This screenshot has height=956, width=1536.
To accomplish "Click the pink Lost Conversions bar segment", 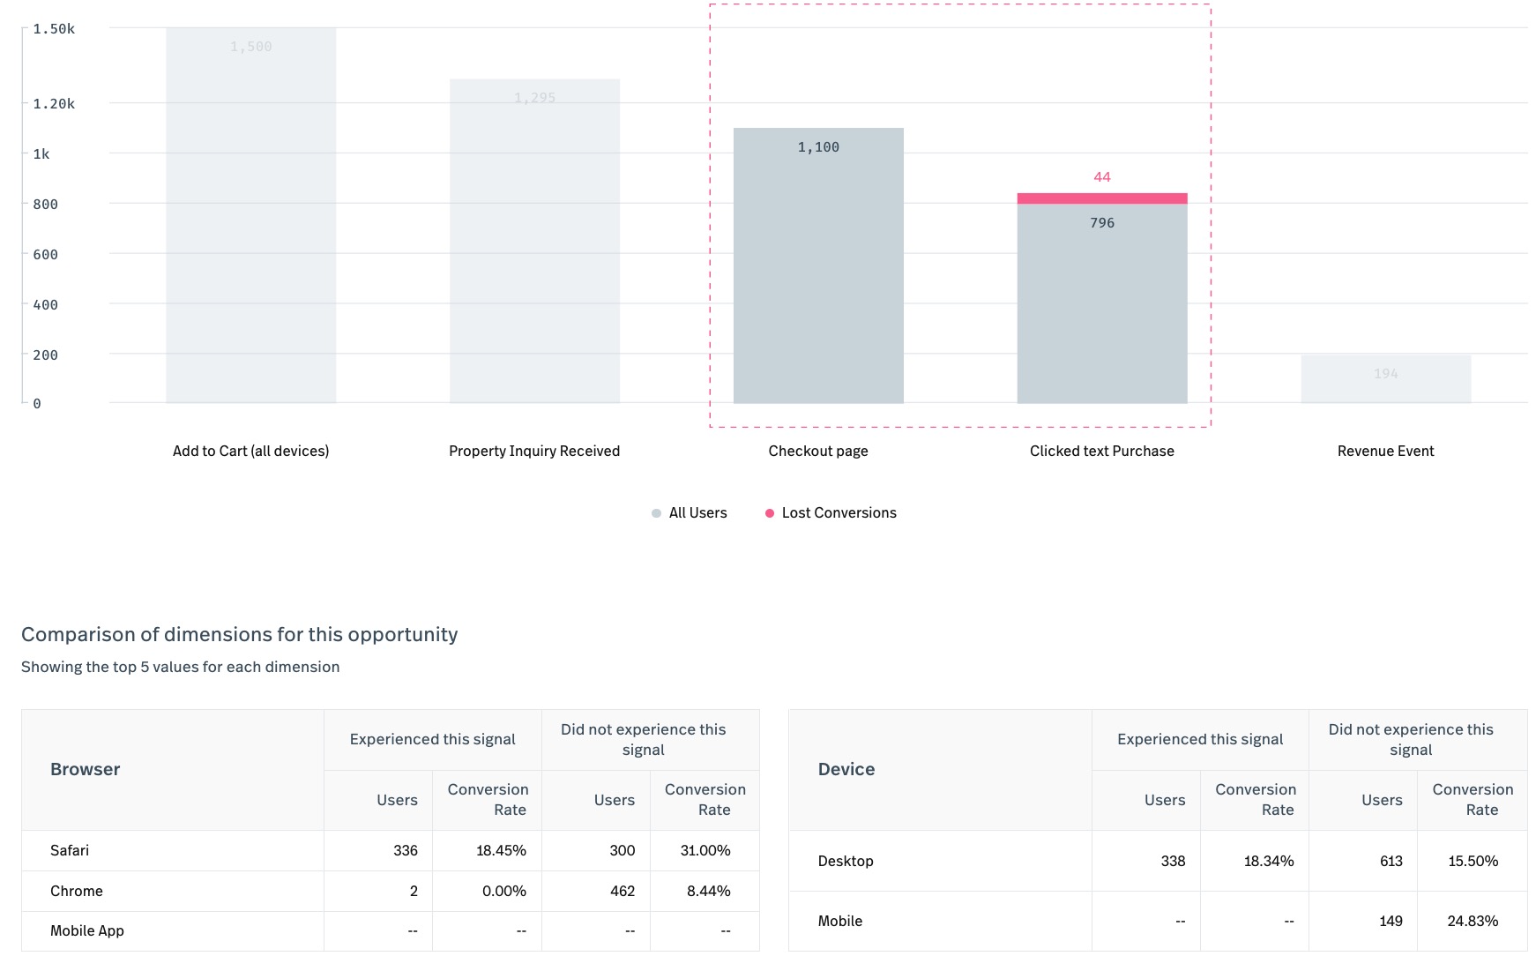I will pos(1101,198).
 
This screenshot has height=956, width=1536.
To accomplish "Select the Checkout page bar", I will pos(817,273).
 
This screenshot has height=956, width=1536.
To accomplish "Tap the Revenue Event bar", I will pos(1385,379).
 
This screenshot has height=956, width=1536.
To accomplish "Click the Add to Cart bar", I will pos(250,220).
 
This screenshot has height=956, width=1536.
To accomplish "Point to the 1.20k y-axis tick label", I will pos(54,104).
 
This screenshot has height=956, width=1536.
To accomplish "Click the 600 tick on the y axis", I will pos(45,255).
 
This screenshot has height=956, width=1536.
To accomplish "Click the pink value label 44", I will pos(1101,177).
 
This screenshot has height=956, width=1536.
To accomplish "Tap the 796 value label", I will pos(1101,223).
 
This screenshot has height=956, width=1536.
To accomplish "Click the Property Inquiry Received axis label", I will pos(534,452).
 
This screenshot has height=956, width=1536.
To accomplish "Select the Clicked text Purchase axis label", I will pos(1101,452).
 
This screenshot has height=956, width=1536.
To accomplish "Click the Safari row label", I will pos(70,851).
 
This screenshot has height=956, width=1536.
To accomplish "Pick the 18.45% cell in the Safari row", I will pos(501,851).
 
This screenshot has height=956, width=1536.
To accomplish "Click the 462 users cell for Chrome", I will pos(622,892).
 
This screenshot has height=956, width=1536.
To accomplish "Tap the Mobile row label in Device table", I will pos(839,922).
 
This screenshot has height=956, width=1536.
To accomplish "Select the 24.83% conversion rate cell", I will pos(1472,922).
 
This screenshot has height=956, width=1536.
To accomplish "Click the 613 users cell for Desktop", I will pos(1391,862).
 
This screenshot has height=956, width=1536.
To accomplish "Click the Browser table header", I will pos(86,770).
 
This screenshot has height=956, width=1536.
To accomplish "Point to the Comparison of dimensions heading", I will pos(239,635).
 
